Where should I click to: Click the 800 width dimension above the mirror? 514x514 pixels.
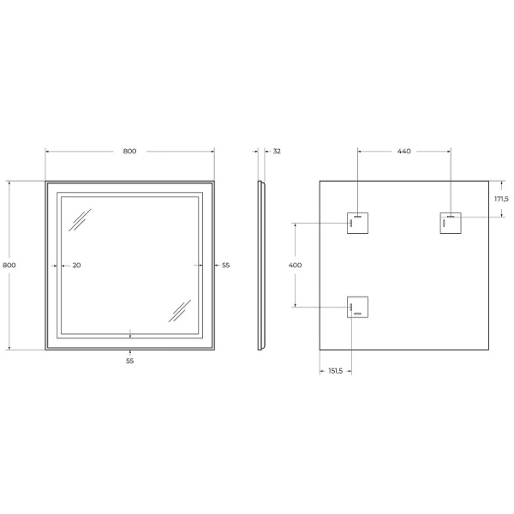(129, 152)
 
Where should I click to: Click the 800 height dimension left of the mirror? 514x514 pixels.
(9, 266)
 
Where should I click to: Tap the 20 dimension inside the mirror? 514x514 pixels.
(76, 266)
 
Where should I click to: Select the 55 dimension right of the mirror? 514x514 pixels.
(226, 266)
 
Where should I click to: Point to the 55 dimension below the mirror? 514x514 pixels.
(129, 361)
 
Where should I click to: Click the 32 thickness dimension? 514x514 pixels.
(276, 152)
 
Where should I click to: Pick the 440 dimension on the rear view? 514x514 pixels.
(403, 152)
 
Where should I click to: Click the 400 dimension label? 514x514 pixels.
(296, 266)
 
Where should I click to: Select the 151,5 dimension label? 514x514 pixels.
(335, 371)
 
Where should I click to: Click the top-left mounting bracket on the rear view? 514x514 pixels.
(358, 222)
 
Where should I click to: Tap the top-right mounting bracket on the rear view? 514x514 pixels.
(451, 222)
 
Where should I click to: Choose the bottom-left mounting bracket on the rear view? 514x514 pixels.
(358, 307)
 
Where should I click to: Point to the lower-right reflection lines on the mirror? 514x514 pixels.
(180, 309)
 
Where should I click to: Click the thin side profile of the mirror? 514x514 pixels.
(260, 266)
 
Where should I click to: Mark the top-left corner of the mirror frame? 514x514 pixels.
(46, 182)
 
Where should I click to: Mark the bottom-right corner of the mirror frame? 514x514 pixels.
(214, 350)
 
